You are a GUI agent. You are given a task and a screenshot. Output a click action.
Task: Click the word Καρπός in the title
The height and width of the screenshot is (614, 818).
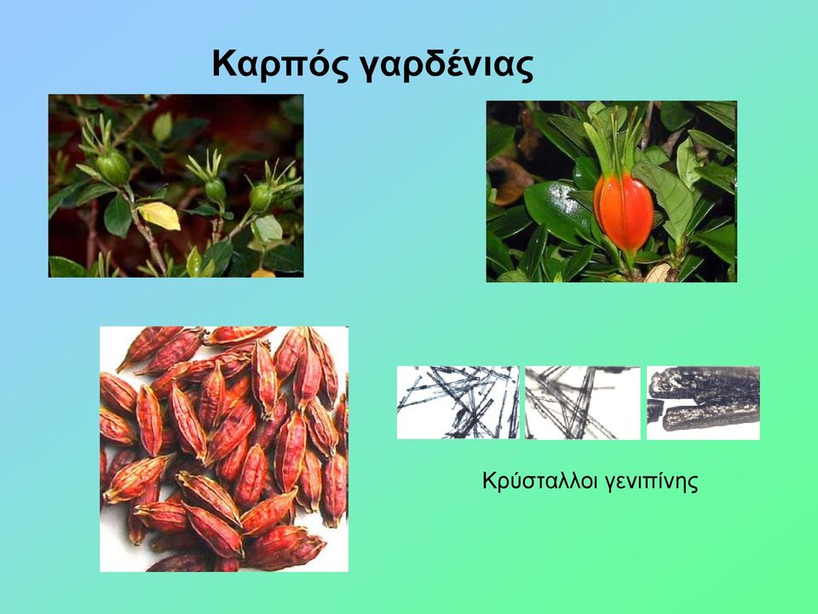click(x=280, y=66)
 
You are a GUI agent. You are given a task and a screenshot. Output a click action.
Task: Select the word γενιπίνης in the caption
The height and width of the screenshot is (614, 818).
click(x=651, y=482)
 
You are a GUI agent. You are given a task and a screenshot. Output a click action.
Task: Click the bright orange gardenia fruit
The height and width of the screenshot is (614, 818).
click(x=624, y=211)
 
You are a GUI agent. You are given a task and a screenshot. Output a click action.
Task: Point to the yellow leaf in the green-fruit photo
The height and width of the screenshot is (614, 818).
click(x=158, y=215)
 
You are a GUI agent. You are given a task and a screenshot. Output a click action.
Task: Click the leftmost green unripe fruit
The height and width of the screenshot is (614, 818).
click(x=113, y=167)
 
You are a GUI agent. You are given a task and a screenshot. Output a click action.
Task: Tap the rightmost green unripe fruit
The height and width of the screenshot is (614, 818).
click(x=262, y=197)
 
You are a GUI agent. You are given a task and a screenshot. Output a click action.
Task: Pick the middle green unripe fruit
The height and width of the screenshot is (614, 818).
click(x=215, y=190)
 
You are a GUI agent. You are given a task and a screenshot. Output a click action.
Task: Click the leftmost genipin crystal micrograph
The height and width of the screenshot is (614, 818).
click(x=458, y=403)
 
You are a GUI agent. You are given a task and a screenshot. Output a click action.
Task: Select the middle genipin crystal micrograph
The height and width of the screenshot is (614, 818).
click(x=582, y=403)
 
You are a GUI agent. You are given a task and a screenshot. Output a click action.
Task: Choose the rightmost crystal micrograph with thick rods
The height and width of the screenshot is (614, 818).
click(x=703, y=403)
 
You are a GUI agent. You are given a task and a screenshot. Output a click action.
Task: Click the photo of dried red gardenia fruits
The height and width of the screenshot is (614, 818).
click(x=224, y=449)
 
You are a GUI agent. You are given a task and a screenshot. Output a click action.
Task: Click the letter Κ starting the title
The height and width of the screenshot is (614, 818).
click(x=225, y=64)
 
